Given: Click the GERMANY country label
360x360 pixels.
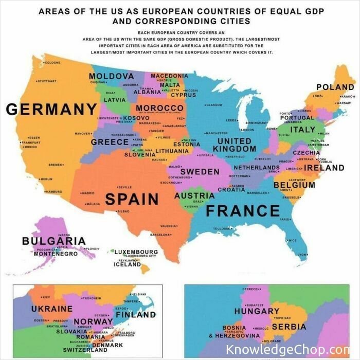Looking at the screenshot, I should (51, 109).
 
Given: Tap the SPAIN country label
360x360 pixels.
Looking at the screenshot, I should (132, 199).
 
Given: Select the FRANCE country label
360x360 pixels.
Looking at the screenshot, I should (243, 210).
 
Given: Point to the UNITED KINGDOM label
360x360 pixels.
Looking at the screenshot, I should (234, 145).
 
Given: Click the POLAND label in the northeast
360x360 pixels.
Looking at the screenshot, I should (335, 87).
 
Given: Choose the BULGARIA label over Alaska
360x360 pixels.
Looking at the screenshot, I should (53, 240).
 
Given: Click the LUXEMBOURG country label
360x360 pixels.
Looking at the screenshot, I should (136, 252).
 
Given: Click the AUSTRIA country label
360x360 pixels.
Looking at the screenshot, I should (194, 195).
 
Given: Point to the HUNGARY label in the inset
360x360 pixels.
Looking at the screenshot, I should (257, 311).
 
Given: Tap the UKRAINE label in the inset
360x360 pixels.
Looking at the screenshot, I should (51, 309).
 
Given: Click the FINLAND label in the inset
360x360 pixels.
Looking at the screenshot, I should (135, 314).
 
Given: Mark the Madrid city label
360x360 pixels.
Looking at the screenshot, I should (88, 193).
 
